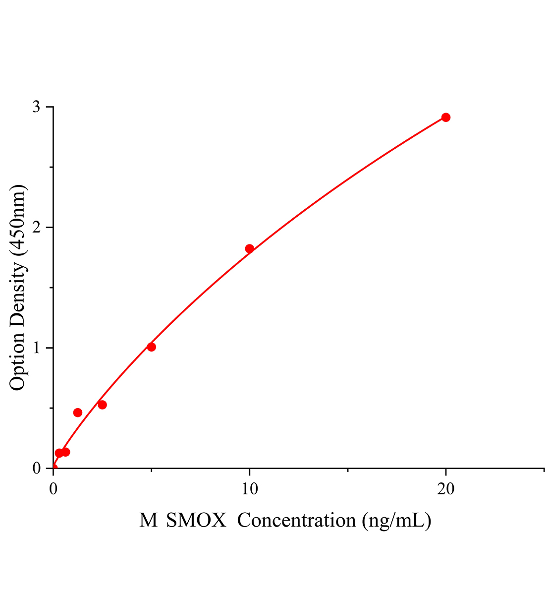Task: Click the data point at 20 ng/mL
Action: (x=445, y=118)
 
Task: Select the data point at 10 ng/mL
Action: (x=249, y=248)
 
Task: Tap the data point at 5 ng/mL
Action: (x=151, y=347)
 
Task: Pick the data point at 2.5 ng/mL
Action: (x=102, y=405)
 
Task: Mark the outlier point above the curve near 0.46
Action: (x=78, y=413)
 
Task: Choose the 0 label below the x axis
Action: (x=54, y=488)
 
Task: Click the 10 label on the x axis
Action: (x=249, y=488)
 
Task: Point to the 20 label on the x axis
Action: (x=445, y=488)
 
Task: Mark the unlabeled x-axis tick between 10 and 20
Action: (x=348, y=470)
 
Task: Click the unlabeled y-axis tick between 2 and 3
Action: (x=51, y=168)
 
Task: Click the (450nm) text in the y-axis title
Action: (x=17, y=220)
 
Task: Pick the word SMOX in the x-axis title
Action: (x=196, y=520)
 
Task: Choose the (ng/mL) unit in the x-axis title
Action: (x=396, y=520)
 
